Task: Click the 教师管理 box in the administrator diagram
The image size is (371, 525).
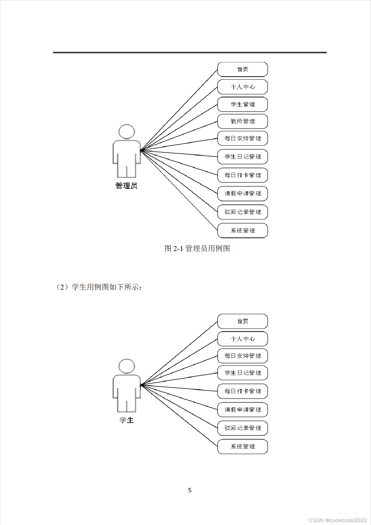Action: pos(243,121)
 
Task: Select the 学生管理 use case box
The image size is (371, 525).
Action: pos(243,104)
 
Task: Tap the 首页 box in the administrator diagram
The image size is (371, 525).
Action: pos(243,69)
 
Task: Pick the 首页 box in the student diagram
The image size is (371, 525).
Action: pos(243,321)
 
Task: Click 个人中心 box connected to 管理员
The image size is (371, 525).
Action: pos(243,87)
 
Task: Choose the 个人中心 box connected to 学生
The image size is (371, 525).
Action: pos(243,339)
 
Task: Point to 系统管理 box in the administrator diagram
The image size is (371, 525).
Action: pos(243,231)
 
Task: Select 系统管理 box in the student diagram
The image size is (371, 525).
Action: pos(243,447)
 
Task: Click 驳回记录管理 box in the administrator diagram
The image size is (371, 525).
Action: pos(243,212)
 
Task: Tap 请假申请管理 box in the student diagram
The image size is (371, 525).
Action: pos(243,410)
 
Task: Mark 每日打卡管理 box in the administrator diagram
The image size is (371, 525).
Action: pos(243,175)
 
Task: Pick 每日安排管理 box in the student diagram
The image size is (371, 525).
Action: pos(243,356)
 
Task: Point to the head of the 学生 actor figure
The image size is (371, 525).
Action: pos(127,366)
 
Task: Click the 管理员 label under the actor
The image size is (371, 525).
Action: pos(126,186)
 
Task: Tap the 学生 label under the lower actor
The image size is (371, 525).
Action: pos(127,420)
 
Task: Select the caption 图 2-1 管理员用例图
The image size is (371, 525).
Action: pos(197,248)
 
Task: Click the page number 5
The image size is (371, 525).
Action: pos(190,490)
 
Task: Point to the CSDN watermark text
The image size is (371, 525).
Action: pos(338,520)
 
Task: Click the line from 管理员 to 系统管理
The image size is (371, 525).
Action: pos(179,191)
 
